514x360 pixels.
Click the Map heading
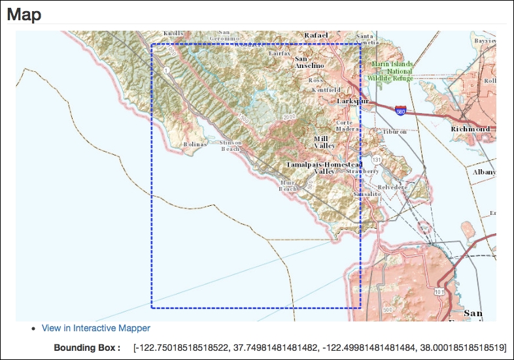point(24,14)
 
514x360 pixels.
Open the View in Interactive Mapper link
point(95,328)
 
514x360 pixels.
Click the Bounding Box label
point(87,347)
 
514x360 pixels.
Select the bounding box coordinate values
point(319,347)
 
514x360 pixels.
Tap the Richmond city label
point(470,129)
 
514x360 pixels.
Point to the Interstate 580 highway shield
point(400,112)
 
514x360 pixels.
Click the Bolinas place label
point(195,144)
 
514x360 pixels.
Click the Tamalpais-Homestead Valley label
point(324,167)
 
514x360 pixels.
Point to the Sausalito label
point(366,194)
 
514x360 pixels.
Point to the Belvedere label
point(392,187)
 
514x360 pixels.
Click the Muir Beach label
point(288,186)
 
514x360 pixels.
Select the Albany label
point(484,172)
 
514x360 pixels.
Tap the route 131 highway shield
point(375,159)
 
